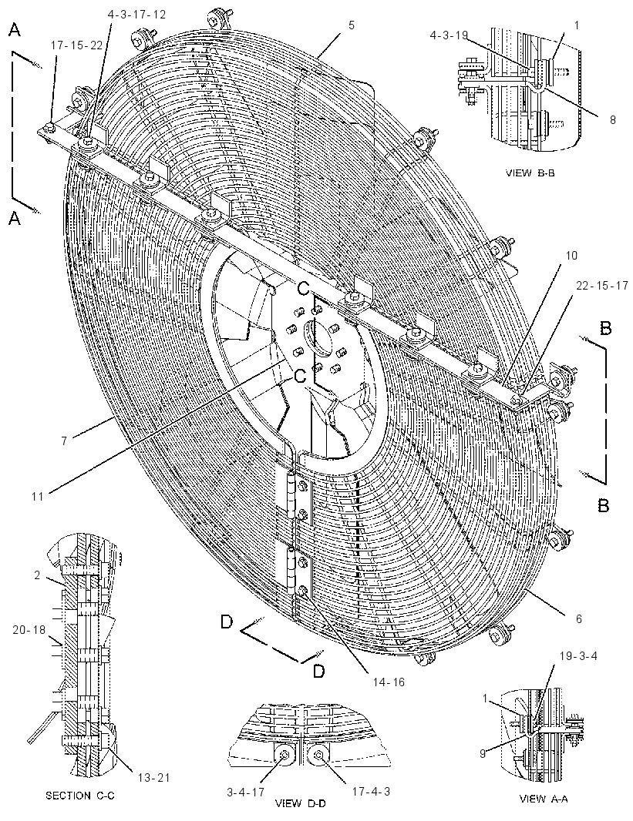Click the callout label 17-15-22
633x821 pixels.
[x=76, y=45]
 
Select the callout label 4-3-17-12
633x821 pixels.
[x=136, y=15]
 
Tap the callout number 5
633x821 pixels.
[x=352, y=25]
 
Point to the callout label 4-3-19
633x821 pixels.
[x=449, y=35]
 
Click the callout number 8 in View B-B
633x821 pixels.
[x=612, y=119]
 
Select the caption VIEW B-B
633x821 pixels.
[x=530, y=173]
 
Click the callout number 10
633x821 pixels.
[x=571, y=256]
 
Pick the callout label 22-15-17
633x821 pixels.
[x=601, y=287]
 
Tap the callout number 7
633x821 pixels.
[x=64, y=441]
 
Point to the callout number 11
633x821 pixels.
[x=37, y=495]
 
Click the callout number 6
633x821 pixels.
[x=578, y=619]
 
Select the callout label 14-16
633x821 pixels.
[x=389, y=682]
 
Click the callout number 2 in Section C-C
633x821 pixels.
[x=37, y=575]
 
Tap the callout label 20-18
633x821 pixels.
[x=29, y=630]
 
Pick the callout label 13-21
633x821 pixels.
[x=154, y=778]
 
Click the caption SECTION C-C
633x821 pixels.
[x=80, y=796]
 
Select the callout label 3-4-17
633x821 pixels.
[x=245, y=793]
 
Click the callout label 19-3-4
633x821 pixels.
[x=578, y=655]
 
